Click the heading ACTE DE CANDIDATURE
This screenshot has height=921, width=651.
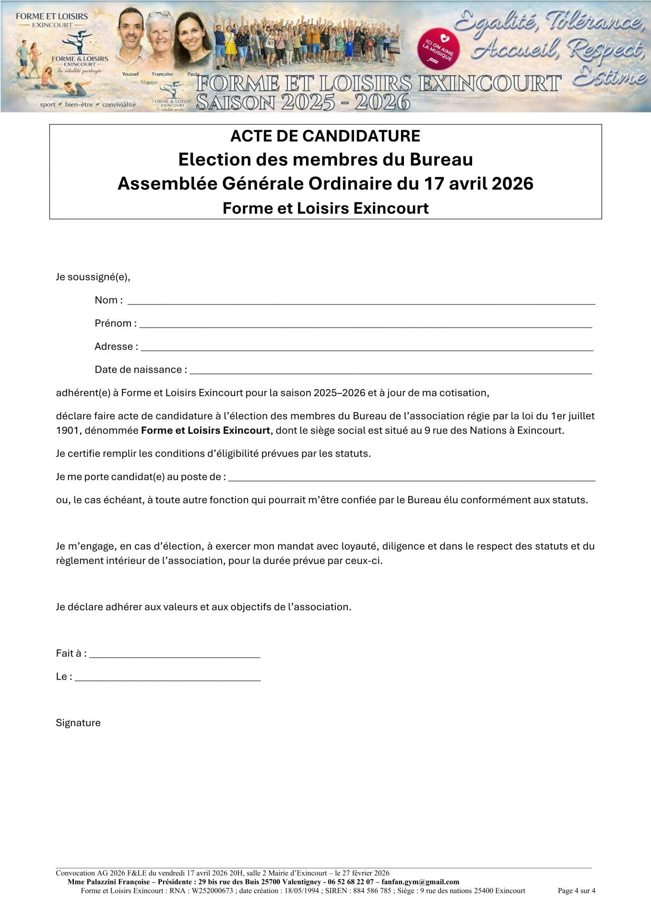point(325,136)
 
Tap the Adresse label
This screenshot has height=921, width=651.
point(116,346)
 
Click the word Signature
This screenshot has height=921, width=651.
point(78,723)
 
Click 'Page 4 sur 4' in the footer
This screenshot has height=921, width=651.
point(576,891)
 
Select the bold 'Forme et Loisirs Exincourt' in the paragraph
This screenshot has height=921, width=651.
point(205,430)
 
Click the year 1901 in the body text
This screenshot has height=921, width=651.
point(67,430)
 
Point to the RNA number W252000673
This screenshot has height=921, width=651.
point(212,891)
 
